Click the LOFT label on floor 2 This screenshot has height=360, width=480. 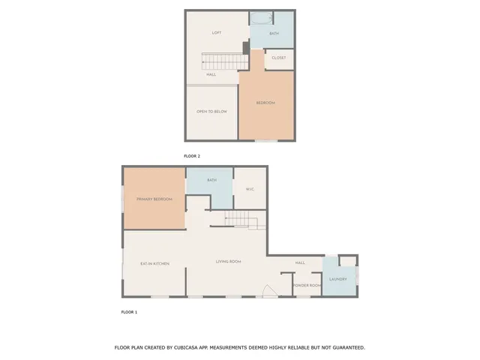pos(217,33)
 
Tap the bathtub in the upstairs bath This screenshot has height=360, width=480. pos(262,18)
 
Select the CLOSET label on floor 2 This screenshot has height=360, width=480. pos(279,58)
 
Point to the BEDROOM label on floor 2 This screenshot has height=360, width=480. pos(265,103)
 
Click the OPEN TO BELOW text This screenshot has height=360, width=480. pos(211,112)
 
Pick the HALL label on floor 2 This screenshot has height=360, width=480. pos(211,74)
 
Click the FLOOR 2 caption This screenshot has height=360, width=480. pos(192,156)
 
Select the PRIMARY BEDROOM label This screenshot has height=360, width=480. pos(154,199)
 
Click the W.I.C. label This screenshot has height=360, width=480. pos(250,189)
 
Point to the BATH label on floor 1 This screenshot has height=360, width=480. pos(211,180)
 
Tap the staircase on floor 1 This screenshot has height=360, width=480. pos(241,218)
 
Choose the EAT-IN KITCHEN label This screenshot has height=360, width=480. pos(154,264)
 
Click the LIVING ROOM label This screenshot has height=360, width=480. pos(228,262)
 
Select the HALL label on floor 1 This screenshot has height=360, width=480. pos(300,263)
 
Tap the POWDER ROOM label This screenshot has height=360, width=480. pos(307,286)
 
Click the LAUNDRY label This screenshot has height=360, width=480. pos(337,279)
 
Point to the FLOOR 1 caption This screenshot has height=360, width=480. pos(129,311)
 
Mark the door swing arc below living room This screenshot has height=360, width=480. pos(267,291)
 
